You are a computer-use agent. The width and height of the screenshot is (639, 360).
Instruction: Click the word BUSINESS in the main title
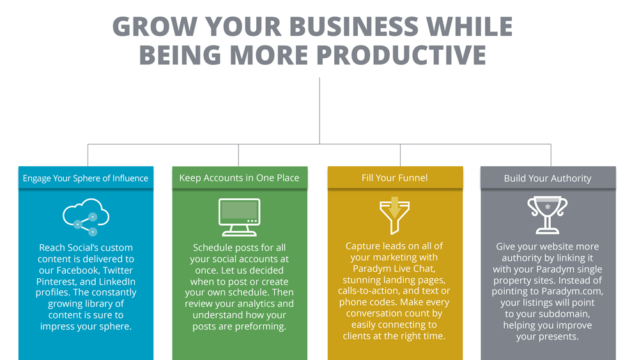pyautogui.click(x=354, y=26)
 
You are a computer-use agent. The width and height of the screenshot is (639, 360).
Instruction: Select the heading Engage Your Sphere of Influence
pyautogui.click(x=86, y=178)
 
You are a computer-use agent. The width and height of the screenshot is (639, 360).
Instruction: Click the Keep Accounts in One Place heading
pyautogui.click(x=239, y=178)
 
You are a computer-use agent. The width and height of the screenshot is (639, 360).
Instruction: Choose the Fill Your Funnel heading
pyautogui.click(x=394, y=178)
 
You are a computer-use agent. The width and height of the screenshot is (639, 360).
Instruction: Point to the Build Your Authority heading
pyautogui.click(x=548, y=178)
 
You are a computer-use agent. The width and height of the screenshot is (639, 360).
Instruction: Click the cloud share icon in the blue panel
pyautogui.click(x=86, y=217)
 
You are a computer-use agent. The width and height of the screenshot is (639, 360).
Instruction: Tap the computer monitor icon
pyautogui.click(x=239, y=217)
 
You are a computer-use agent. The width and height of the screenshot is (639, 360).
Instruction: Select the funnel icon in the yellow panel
pyautogui.click(x=394, y=215)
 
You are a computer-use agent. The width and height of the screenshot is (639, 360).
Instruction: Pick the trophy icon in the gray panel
pyautogui.click(x=548, y=215)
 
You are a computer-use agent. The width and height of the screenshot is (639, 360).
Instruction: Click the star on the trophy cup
pyautogui.click(x=548, y=207)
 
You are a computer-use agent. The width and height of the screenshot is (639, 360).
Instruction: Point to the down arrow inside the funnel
pyautogui.click(x=394, y=207)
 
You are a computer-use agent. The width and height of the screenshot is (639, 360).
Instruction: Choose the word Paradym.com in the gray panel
pyautogui.click(x=572, y=292)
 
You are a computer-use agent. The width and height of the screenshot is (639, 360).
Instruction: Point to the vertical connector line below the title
pyautogui.click(x=319, y=111)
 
